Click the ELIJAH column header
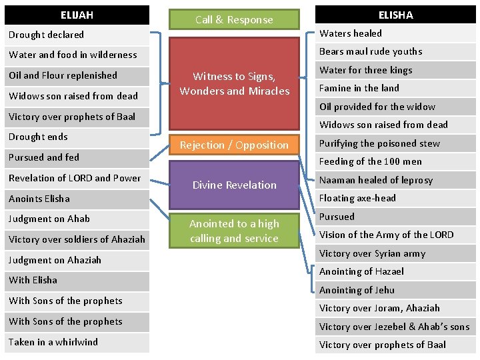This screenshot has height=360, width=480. (77, 15)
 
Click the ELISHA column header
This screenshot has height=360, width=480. (395, 15)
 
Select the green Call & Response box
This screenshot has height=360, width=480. (234, 20)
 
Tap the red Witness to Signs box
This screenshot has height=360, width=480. (234, 84)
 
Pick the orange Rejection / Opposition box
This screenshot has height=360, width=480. (234, 145)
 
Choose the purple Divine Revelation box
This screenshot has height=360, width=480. (234, 185)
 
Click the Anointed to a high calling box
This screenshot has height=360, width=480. (234, 231)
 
